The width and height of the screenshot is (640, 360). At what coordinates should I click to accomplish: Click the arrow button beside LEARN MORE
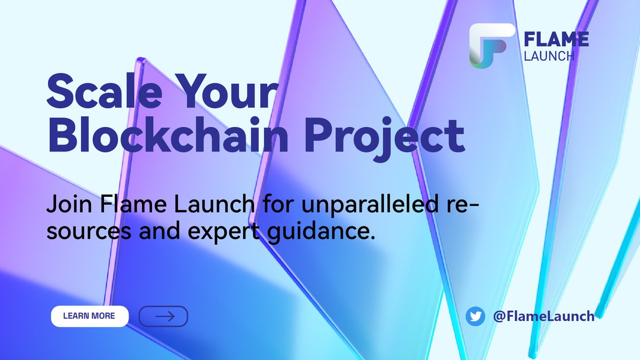click(x=163, y=316)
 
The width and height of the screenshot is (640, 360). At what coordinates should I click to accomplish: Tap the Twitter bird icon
click(x=475, y=316)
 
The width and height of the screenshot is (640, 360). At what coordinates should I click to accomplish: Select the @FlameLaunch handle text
click(x=543, y=316)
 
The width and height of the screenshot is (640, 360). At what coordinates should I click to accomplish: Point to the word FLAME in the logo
click(x=556, y=39)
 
